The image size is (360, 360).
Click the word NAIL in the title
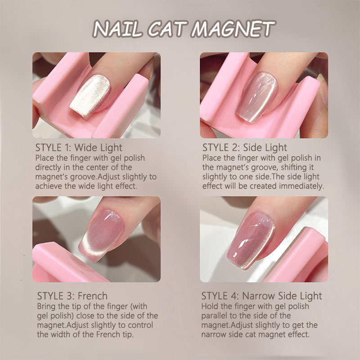pyautogui.click(x=117, y=29)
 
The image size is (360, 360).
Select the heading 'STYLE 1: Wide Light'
pyautogui.click(x=79, y=148)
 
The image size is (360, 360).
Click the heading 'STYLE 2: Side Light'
pyautogui.click(x=244, y=148)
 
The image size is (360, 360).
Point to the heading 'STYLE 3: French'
pyautogui.click(x=72, y=296)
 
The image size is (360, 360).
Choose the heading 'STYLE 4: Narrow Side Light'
pyautogui.click(x=261, y=296)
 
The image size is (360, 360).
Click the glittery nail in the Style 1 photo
pyautogui.click(x=90, y=96)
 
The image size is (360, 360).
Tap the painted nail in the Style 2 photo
pyautogui.click(x=257, y=97)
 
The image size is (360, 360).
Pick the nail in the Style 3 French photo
pyautogui.click(x=101, y=234)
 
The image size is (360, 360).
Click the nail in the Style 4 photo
pyautogui.click(x=251, y=241)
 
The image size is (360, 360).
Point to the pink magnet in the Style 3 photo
pyautogui.click(x=67, y=264)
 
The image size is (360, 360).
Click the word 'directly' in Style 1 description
pyautogui.click(x=48, y=167)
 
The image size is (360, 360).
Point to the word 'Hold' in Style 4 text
pyautogui.click(x=208, y=306)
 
